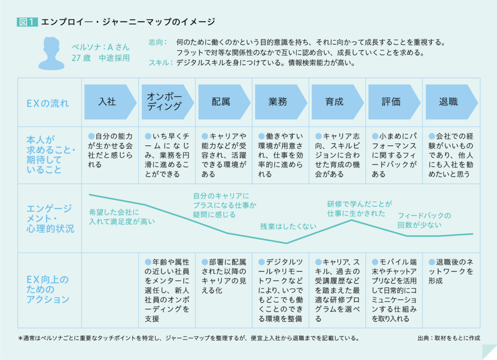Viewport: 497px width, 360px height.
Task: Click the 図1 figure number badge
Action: click(27, 22)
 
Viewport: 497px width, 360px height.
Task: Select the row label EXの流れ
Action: click(48, 103)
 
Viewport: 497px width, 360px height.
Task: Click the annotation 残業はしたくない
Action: click(288, 226)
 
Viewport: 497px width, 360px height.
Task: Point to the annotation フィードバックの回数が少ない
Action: click(424, 220)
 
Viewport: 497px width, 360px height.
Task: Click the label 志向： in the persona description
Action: click(158, 42)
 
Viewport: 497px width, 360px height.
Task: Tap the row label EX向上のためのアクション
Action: click(48, 290)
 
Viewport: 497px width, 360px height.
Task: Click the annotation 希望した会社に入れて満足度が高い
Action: click(121, 217)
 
